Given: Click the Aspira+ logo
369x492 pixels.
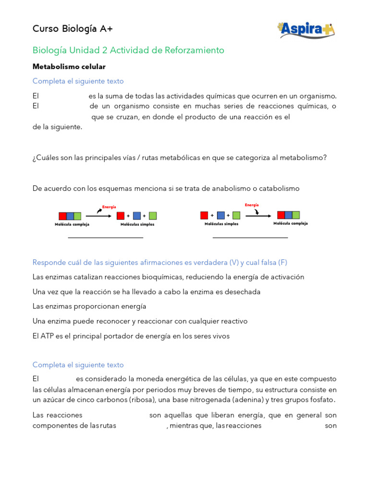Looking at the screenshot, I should pyautogui.click(x=306, y=30).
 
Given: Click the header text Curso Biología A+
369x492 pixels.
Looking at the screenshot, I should pyautogui.click(x=73, y=29).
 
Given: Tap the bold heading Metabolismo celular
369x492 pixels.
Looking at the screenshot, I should pyautogui.click(x=69, y=66).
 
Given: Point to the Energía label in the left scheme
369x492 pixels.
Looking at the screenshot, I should pyautogui.click(x=109, y=207).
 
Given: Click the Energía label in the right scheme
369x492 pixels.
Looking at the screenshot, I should pyautogui.click(x=252, y=205).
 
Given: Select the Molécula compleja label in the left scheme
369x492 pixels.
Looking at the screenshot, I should pyautogui.click(x=72, y=224).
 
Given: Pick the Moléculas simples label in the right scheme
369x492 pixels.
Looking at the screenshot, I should pyautogui.click(x=221, y=224).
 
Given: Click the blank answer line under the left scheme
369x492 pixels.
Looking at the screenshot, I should pyautogui.click(x=105, y=237).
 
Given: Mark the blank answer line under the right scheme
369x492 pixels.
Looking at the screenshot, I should pyautogui.click(x=250, y=237).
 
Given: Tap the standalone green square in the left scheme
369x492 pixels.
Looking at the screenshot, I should pyautogui.click(x=153, y=216).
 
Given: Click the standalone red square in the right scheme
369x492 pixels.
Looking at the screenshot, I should pyautogui.click(x=204, y=215).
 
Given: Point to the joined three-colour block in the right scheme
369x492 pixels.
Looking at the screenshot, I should pyautogui.click(x=288, y=215).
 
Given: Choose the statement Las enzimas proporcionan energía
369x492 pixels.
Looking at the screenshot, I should pyautogui.click(x=89, y=306).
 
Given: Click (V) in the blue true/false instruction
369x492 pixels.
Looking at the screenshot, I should pyautogui.click(x=234, y=262).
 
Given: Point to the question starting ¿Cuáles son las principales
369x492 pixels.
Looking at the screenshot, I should pyautogui.click(x=179, y=157).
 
